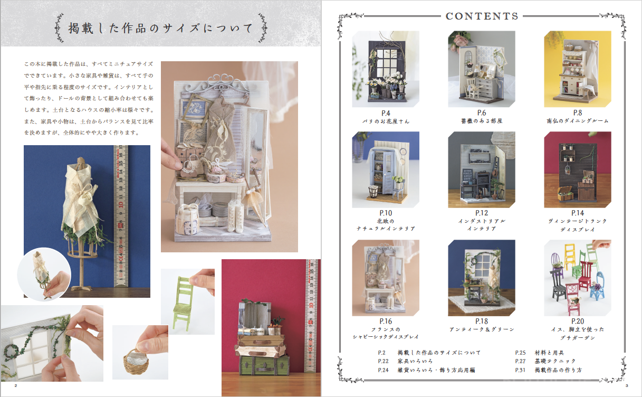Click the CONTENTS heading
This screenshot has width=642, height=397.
click(482, 16)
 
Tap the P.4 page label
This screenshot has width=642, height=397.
click(386, 114)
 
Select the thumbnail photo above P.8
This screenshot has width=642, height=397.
click(578, 69)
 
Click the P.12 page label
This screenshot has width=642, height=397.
click(482, 213)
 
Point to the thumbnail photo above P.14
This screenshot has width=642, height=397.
click(578, 169)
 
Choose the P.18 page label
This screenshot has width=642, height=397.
click(482, 322)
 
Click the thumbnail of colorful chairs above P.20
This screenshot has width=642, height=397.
click(578, 278)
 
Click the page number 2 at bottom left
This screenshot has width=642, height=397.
click(16, 386)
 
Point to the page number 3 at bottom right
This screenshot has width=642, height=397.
click(627, 386)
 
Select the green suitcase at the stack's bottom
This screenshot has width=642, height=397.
click(264, 365)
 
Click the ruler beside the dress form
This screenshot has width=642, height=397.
click(121, 216)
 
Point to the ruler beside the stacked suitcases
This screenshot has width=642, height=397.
click(312, 316)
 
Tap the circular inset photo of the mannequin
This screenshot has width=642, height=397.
click(44, 275)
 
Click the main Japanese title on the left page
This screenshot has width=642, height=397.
click(160, 28)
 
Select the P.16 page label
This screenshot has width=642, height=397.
click(386, 322)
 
